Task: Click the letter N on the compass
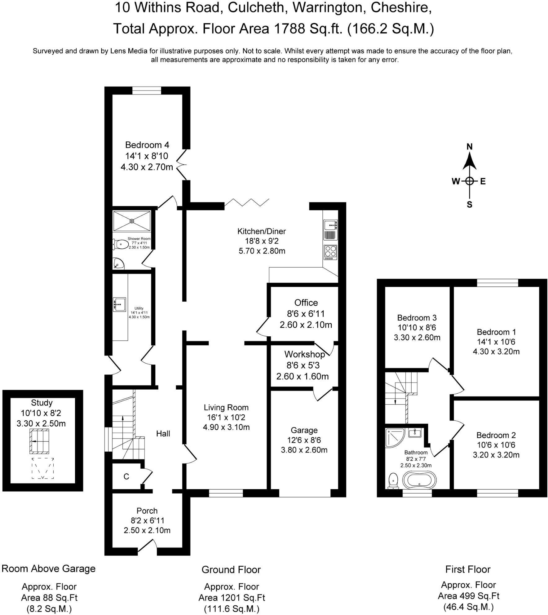tap(469, 147)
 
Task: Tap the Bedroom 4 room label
tap(147, 145)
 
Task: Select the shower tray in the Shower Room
tap(132, 221)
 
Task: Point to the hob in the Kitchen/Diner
tap(330, 252)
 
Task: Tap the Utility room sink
tap(120, 304)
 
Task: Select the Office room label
tap(306, 303)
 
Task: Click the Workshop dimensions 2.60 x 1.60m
tap(302, 376)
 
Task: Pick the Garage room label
tap(304, 430)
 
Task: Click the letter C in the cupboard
tap(126, 476)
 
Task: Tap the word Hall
tap(163, 433)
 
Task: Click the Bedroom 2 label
tap(496, 435)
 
